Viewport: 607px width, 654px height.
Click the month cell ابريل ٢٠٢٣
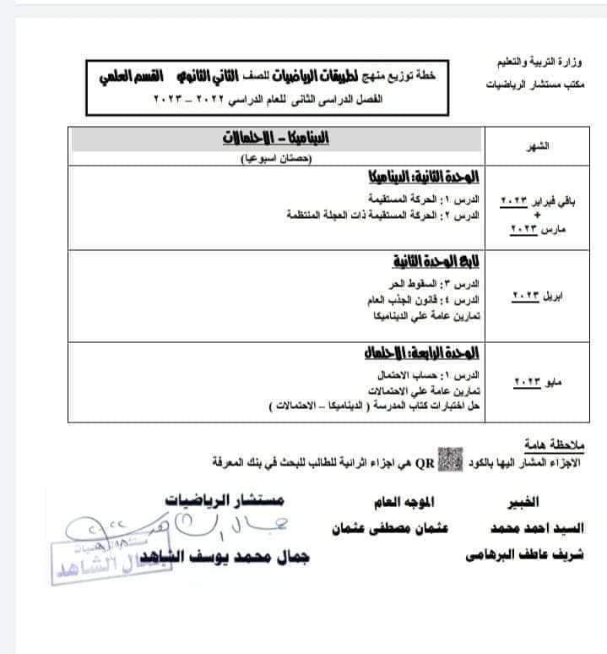coord(536,297)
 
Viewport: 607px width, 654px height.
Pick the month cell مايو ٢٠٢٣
coord(537,383)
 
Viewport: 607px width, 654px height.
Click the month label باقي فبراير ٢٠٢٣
coord(537,200)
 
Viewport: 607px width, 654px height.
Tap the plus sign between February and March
coord(537,215)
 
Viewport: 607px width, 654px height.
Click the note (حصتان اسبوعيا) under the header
coord(275,158)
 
